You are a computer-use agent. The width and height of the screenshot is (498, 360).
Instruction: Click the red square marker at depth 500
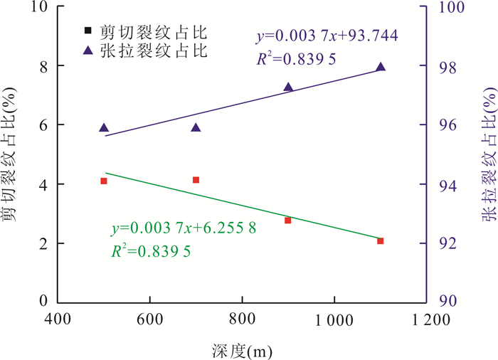[x=104, y=181]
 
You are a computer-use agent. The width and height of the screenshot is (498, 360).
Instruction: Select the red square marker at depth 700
[x=196, y=180]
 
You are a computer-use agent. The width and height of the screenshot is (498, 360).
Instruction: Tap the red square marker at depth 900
[x=288, y=221]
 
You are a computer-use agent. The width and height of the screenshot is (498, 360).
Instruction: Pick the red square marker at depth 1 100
[x=381, y=241]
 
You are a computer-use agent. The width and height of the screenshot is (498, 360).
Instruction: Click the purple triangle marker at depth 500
[x=104, y=128]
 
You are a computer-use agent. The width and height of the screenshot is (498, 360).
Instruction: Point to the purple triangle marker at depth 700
[x=196, y=128]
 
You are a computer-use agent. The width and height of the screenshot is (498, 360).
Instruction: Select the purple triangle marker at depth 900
[x=288, y=88]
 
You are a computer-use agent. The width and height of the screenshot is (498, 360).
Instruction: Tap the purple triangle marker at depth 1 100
[x=381, y=67]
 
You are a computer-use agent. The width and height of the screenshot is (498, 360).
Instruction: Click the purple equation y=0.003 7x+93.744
[x=327, y=35]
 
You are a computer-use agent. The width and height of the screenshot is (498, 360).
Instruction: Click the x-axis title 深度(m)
[x=242, y=350]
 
